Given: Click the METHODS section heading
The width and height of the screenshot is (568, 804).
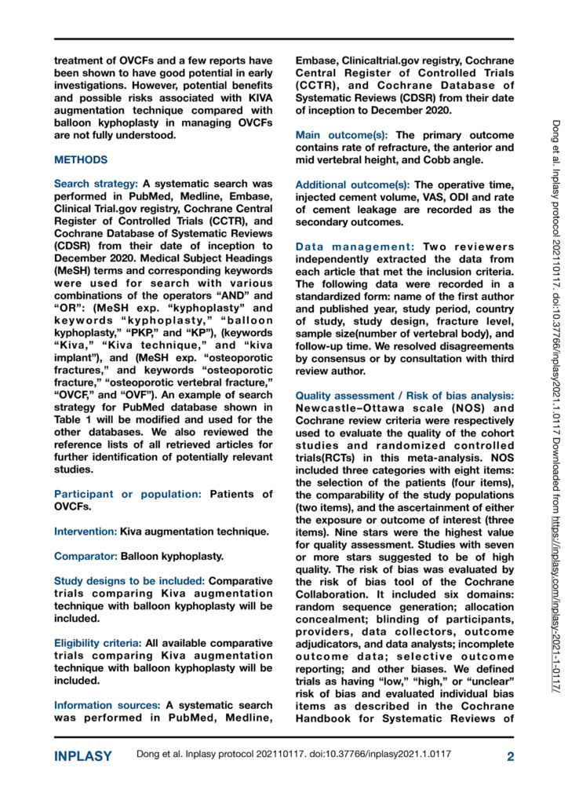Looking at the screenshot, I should coord(81,160).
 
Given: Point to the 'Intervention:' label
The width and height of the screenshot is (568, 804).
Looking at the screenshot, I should coord(86,532).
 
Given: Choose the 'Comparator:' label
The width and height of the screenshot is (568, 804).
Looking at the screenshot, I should coord(86,557).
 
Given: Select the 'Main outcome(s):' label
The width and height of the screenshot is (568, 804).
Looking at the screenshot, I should coord(344,135).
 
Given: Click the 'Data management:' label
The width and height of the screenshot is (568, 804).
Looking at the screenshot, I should coord(355,247).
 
